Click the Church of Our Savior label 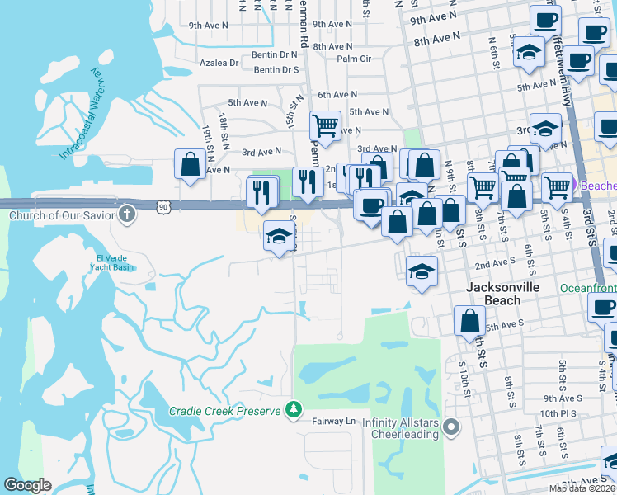pos(61,216)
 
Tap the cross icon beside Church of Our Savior pos(126,215)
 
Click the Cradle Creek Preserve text pos(225,410)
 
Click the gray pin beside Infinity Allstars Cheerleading pos(450,427)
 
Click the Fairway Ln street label pos(332,422)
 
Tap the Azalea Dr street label pos(219,62)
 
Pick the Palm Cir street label pos(354,59)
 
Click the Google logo pos(27,486)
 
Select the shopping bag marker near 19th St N pos(191,164)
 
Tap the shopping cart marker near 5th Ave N pos(325,126)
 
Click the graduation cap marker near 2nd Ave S pos(422,271)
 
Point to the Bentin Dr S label pos(276,70)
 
